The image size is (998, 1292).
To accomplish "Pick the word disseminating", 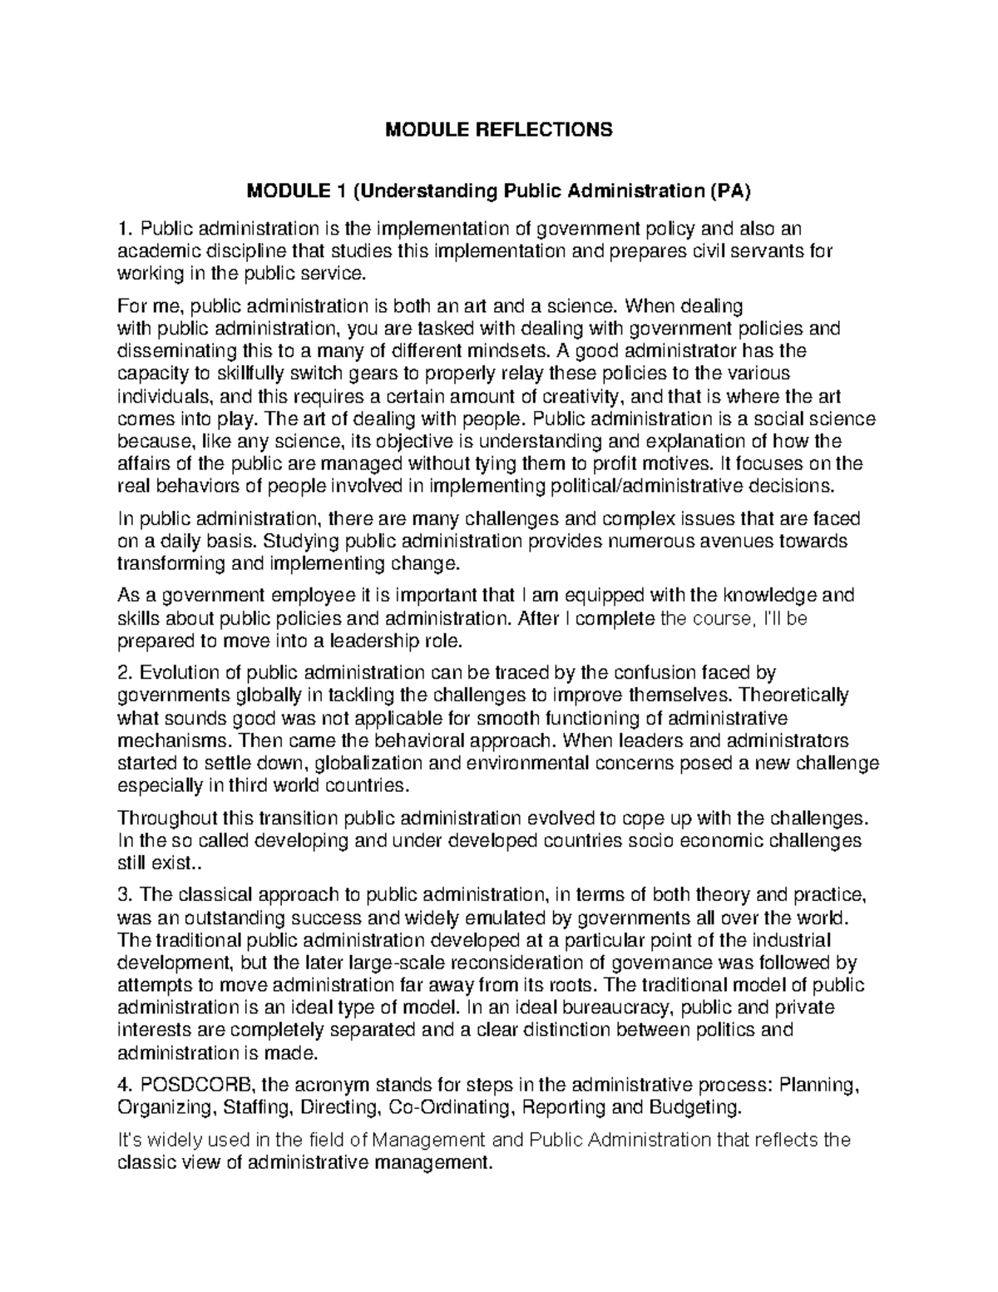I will click(x=173, y=350).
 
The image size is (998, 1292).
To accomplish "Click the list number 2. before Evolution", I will click(x=126, y=672).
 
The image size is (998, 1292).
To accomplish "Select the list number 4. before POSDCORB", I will click(x=126, y=1085).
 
